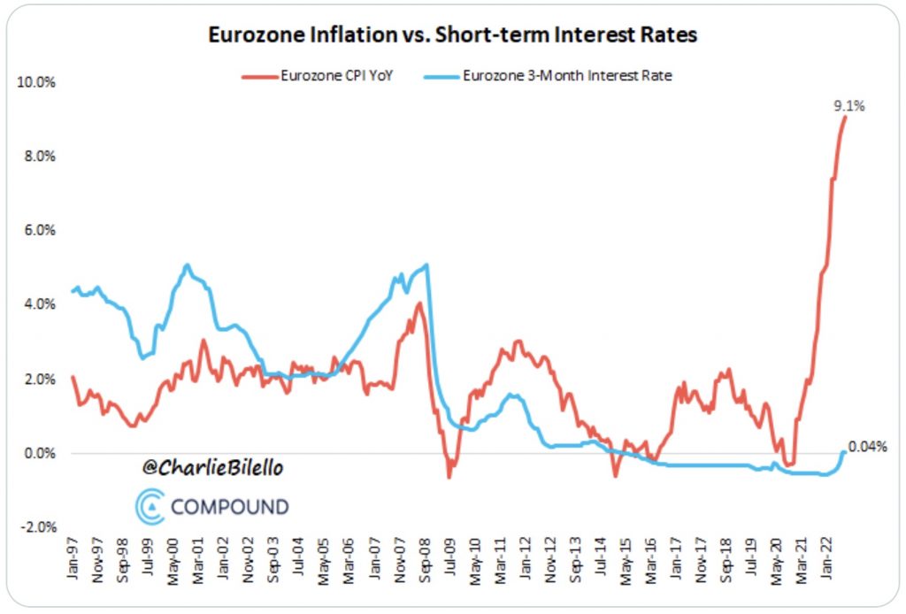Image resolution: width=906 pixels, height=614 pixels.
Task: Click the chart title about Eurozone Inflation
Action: pos(452,35)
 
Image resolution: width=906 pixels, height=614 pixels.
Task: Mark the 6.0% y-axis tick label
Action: pos(38,230)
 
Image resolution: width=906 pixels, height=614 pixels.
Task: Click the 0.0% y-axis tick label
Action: pos(38,453)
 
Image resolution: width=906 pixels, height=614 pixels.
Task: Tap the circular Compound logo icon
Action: pos(151,506)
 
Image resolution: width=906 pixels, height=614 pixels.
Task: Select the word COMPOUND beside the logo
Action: pos(229,507)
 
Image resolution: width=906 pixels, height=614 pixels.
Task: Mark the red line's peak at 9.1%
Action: pos(845,117)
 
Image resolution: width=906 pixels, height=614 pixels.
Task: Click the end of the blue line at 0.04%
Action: pos(844,452)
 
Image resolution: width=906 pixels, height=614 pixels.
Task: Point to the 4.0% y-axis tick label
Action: pos(38,304)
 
